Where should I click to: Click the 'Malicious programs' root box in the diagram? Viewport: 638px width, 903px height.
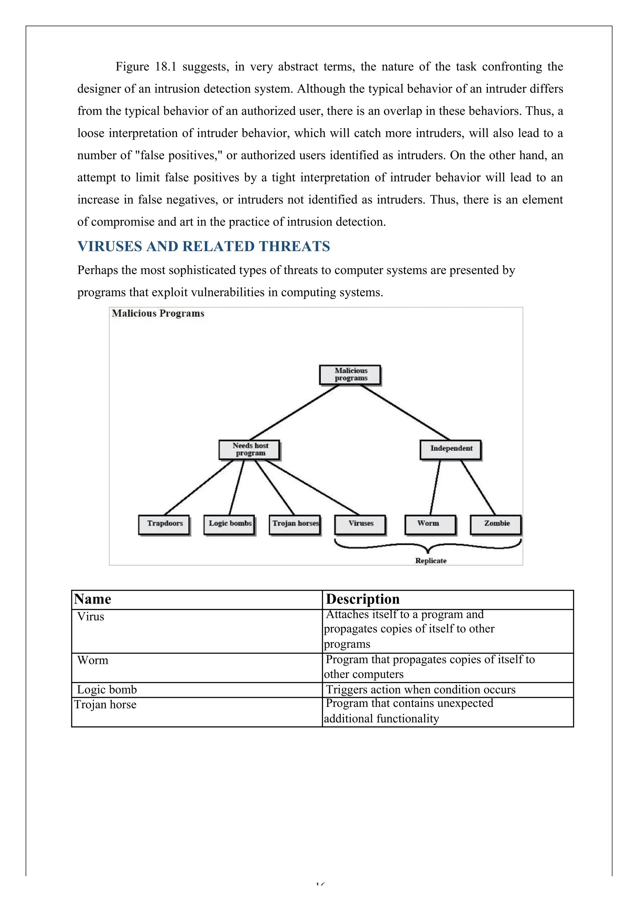coord(350,374)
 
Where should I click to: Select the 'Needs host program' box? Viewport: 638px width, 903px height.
coord(250,450)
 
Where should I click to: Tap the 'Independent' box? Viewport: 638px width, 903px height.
coord(451,449)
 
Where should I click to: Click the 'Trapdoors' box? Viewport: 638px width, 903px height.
coord(164,524)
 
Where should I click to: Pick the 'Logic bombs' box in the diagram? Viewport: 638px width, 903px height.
coord(230,524)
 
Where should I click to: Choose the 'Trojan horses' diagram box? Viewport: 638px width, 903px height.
coord(295,524)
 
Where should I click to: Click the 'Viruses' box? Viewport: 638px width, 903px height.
coord(360,524)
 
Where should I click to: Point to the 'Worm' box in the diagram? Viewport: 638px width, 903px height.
coord(430,524)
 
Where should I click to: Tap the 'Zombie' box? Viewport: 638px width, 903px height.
coord(496,524)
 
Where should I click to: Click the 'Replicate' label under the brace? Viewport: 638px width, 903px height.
coord(431,561)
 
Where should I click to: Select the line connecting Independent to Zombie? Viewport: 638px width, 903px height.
coord(478,488)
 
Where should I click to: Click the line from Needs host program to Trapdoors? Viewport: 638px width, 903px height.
coord(199,488)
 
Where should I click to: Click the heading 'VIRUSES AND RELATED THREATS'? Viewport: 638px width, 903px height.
coord(203,247)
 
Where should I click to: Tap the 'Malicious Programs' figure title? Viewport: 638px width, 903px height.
coord(158,314)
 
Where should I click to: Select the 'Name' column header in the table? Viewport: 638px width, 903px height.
coord(93,599)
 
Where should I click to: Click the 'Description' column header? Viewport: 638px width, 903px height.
coord(363,599)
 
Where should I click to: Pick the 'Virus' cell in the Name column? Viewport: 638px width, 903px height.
coord(91,617)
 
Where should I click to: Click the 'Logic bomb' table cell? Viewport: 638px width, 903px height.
coord(107,690)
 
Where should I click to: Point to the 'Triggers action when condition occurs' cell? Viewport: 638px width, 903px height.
coord(420,690)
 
